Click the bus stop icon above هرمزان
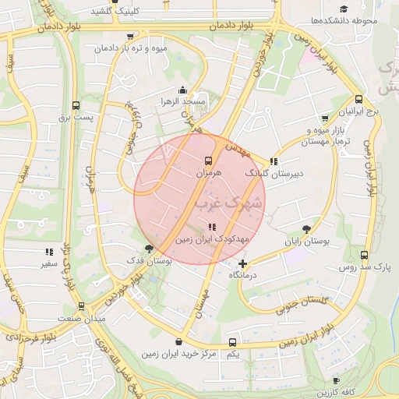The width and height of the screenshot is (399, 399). [x=209, y=160]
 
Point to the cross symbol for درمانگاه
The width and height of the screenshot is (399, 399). [x=243, y=264]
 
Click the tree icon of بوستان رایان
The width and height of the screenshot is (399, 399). [x=307, y=229]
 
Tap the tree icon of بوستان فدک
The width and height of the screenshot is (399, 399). [x=150, y=249]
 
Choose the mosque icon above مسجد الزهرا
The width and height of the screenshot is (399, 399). [x=182, y=90]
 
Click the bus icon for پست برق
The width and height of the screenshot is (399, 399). [x=76, y=105]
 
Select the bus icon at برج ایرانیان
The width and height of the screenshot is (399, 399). [x=358, y=100]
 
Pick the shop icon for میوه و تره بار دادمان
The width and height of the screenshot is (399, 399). [x=129, y=37]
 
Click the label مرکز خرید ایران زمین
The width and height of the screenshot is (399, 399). [x=180, y=355]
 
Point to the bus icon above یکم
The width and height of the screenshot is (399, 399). [x=232, y=342]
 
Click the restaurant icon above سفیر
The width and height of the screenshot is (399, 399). [x=48, y=252]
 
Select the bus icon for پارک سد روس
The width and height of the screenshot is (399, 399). [x=365, y=255]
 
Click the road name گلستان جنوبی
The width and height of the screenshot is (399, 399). [x=304, y=302]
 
